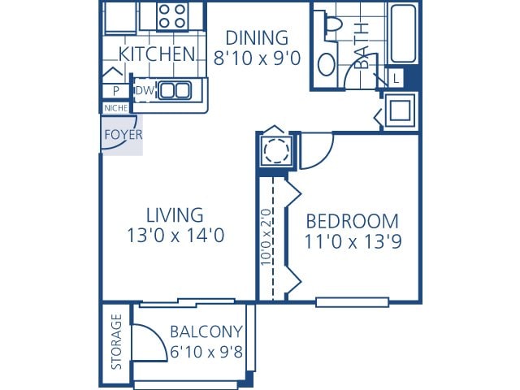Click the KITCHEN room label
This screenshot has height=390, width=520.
(x=157, y=54)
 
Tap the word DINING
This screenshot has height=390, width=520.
(x=257, y=37)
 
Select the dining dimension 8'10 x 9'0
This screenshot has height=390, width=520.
(x=257, y=58)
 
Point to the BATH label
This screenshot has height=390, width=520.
(x=363, y=50)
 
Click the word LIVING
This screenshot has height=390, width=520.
(x=174, y=215)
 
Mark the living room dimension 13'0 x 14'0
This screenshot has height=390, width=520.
(x=174, y=236)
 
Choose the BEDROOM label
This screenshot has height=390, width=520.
(x=352, y=221)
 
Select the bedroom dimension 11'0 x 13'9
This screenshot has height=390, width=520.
(x=352, y=242)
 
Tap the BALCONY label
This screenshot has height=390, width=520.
(x=206, y=331)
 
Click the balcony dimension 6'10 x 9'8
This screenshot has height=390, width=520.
(x=206, y=353)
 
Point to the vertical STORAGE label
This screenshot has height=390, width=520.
(x=116, y=342)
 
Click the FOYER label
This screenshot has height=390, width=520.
(x=123, y=135)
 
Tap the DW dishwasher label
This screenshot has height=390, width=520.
(x=144, y=90)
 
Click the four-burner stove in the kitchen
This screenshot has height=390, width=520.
(x=171, y=15)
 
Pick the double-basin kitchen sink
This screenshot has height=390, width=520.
(x=174, y=90)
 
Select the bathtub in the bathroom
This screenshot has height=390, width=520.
(x=404, y=35)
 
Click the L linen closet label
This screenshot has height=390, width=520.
(x=396, y=78)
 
